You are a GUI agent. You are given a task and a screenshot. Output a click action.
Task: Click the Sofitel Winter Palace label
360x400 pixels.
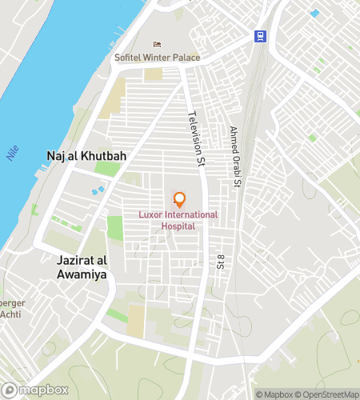click(157, 57)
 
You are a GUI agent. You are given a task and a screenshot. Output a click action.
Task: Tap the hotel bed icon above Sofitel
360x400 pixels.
click(157, 44)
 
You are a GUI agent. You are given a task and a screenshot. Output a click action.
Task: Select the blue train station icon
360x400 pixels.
click(260, 35)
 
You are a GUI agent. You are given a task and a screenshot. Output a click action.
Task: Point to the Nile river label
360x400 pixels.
click(12, 153)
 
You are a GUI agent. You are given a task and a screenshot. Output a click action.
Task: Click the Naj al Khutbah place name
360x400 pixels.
click(80, 155)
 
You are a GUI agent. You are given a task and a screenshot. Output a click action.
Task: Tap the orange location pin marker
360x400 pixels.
click(179, 199)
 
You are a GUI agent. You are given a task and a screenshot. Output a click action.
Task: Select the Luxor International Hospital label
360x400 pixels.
click(179, 221)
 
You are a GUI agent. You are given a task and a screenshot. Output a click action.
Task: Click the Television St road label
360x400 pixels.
click(194, 140)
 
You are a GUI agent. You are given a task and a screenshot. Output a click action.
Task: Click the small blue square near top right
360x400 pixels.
click(314, 13)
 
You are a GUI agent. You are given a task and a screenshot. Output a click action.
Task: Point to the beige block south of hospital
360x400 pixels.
click(136, 321)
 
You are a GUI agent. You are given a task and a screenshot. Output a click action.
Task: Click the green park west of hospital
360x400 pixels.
click(115, 227)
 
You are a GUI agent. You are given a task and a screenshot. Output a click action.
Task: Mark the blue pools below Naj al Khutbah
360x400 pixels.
click(98, 190)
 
